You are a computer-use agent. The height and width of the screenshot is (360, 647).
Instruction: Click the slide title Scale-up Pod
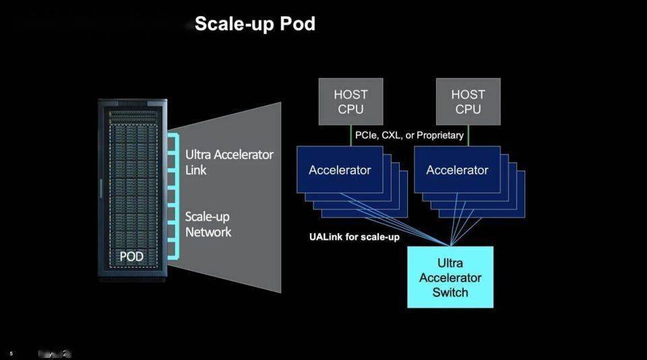tap(255, 24)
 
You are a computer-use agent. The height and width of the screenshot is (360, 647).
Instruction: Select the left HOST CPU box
tap(350, 102)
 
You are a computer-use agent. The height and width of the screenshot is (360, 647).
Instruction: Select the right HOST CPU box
tap(468, 102)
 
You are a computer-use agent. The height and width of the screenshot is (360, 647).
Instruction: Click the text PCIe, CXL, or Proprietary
tap(410, 136)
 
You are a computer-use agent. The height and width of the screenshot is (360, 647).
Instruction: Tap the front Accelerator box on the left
tap(340, 170)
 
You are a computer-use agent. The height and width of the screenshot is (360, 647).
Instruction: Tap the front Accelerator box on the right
tap(457, 170)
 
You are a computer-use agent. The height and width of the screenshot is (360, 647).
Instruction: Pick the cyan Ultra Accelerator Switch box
tap(450, 277)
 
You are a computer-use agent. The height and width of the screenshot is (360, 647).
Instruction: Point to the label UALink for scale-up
tap(354, 237)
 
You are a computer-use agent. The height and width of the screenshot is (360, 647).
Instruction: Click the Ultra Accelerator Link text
tap(229, 162)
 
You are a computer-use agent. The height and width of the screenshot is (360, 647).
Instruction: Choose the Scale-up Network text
tap(208, 224)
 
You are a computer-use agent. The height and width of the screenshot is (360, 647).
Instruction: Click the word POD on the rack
tap(131, 257)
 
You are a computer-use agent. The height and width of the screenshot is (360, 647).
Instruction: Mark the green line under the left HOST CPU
tap(350, 135)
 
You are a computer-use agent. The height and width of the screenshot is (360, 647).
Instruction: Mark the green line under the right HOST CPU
tap(468, 135)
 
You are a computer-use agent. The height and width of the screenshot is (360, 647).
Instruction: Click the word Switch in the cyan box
tap(450, 293)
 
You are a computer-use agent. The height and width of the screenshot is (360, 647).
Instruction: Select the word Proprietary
tap(440, 136)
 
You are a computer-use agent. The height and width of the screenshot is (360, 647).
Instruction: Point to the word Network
tap(208, 232)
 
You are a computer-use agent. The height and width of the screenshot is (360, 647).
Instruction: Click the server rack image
tap(132, 189)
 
